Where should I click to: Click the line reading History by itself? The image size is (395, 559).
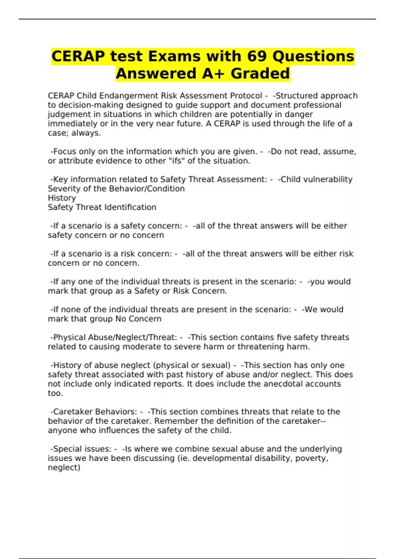pos(62,198)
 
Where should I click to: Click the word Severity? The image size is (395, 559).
pos(63,189)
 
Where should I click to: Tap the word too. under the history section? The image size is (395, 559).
pos(55,393)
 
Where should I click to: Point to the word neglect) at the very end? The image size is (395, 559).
pos(64,468)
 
